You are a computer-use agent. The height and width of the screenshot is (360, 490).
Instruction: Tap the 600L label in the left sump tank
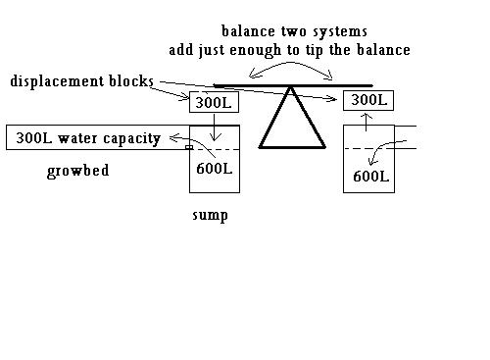(214, 168)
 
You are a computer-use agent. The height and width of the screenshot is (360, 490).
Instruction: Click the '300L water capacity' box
(84, 137)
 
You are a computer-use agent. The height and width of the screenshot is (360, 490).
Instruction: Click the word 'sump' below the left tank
(210, 215)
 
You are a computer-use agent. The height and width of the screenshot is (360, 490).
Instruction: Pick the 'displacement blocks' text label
(81, 80)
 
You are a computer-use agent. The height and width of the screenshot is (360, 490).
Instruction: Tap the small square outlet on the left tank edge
(189, 148)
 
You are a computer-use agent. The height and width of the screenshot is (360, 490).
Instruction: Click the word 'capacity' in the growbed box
(126, 137)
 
